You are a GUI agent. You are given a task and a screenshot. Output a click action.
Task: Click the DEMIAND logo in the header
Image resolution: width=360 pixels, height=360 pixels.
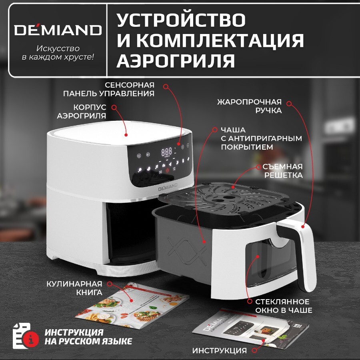58,30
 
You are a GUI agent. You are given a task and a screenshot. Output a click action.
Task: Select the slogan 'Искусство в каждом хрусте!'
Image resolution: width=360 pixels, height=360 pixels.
58,52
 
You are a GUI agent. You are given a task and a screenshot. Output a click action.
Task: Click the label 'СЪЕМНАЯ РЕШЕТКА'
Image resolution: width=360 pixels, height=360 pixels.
282,171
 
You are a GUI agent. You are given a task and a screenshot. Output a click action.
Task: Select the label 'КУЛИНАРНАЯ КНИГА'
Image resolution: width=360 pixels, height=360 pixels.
74,288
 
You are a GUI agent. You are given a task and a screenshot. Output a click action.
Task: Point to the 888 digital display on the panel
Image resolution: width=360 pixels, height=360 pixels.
167,152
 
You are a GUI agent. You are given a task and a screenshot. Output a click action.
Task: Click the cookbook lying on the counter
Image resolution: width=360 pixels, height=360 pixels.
132,306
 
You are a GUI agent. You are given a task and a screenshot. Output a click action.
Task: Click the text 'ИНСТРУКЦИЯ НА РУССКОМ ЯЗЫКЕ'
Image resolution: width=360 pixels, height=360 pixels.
88,337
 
